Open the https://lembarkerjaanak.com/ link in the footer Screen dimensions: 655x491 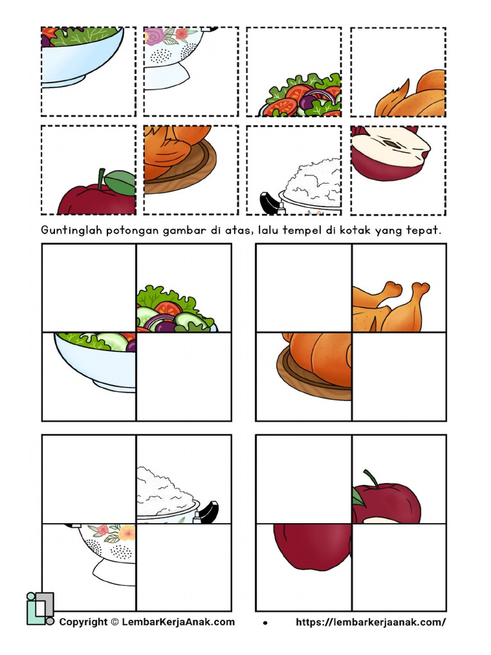(371, 622)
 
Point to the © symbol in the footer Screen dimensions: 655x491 (114, 622)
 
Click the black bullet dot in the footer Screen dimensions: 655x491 (265, 622)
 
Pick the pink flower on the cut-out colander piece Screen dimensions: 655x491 (154, 35)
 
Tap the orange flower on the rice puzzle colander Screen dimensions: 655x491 (127, 532)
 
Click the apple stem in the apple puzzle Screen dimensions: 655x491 (370, 477)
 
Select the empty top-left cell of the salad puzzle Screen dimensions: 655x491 (89, 288)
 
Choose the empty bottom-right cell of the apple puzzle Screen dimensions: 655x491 (399, 567)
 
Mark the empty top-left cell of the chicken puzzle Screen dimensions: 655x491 (304, 288)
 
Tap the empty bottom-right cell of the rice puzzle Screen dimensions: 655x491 (184, 567)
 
